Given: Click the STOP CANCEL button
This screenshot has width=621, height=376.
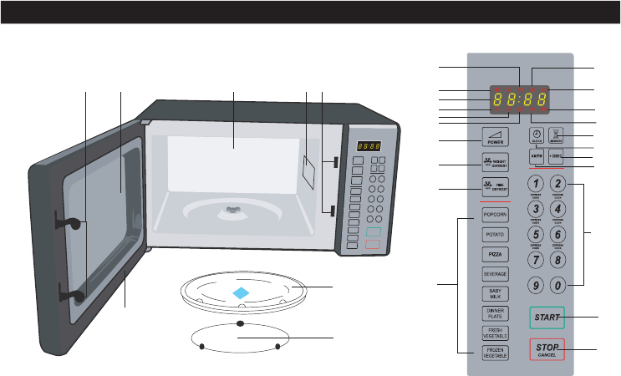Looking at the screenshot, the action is pos(546,348).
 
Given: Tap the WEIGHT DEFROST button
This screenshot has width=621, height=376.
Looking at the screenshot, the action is pos(496,162).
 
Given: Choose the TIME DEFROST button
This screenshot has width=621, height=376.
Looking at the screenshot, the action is pos(496,188).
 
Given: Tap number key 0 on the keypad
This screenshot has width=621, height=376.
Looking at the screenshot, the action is pos(559,285).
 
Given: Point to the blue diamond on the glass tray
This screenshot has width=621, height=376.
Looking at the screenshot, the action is pos(240,292).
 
